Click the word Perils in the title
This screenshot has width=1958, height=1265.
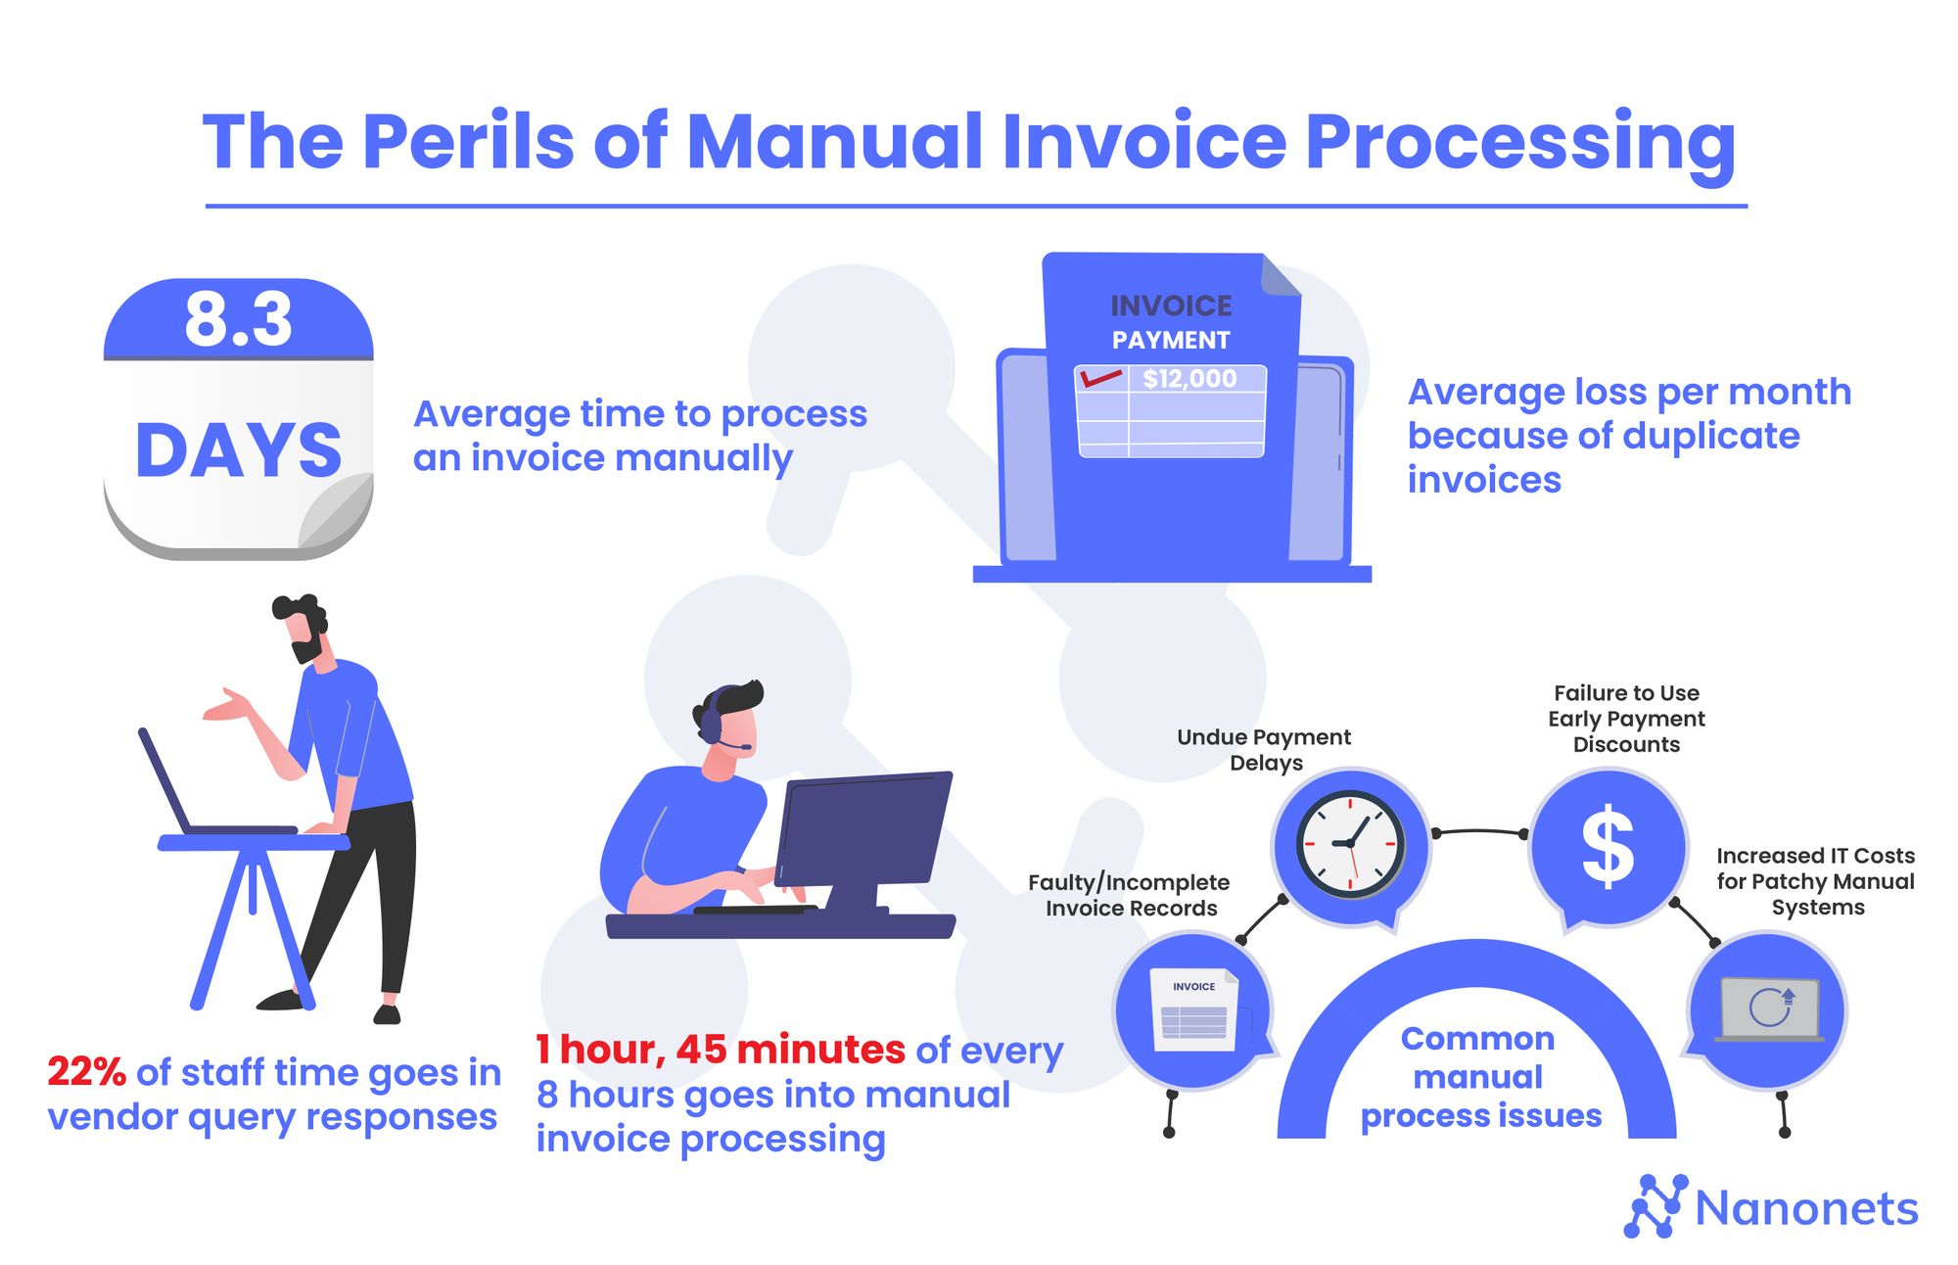(468, 142)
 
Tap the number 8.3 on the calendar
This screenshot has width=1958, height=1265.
(238, 319)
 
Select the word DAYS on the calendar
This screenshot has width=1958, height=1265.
(239, 450)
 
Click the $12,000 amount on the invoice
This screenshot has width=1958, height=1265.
(1189, 379)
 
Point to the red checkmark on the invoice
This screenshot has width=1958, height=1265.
(1100, 378)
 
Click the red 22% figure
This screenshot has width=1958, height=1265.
(86, 1072)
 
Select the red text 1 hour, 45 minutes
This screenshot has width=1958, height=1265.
(720, 1050)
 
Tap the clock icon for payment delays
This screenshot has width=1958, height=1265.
(1350, 845)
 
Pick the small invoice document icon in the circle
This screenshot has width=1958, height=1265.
(1194, 1010)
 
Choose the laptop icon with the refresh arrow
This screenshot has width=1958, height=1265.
(1769, 1008)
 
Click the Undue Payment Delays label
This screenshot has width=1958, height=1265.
(1264, 750)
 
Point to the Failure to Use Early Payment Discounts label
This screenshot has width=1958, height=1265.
(1626, 719)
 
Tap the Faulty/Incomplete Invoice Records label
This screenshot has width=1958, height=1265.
(1129, 895)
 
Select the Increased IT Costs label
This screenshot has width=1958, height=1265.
(1815, 881)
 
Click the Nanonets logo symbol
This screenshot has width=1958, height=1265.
(1655, 1206)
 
